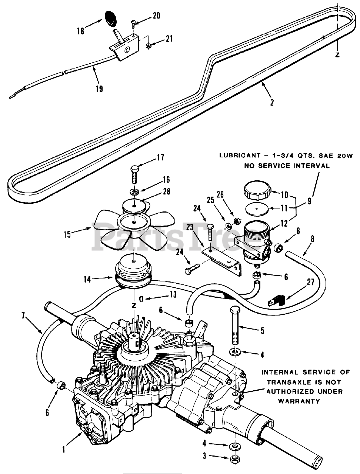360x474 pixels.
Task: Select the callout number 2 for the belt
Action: click(x=272, y=102)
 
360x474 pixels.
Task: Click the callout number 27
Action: click(x=310, y=282)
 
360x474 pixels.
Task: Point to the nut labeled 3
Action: click(x=234, y=459)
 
